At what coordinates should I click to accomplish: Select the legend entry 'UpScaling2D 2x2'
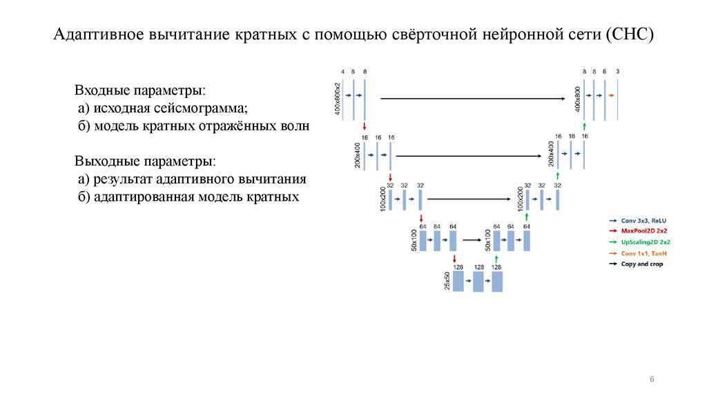[x=645, y=242]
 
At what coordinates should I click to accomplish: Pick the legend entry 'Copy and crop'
[x=641, y=264]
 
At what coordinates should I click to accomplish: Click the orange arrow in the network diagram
[x=612, y=95]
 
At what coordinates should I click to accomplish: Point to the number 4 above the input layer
[x=342, y=71]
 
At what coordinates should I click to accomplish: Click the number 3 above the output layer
[x=618, y=71]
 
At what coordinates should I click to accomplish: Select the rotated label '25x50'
[x=447, y=281]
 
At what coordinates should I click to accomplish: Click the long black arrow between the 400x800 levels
[x=474, y=99]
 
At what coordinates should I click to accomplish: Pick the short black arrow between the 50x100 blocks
[x=472, y=240]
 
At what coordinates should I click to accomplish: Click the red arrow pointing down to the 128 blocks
[x=454, y=258]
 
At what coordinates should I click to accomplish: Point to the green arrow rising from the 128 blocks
[x=495, y=258]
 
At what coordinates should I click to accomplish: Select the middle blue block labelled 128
[x=478, y=281]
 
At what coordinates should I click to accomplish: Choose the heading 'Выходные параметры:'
[x=145, y=161]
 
